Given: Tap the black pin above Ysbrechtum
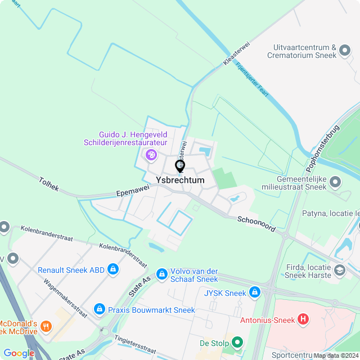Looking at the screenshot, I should click(180, 166).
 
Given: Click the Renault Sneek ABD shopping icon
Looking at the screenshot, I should click(112, 269).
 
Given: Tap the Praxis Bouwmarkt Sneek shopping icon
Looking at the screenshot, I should click(100, 309).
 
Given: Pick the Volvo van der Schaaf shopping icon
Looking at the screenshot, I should click(161, 273).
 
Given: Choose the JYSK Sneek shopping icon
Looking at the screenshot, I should click(255, 292).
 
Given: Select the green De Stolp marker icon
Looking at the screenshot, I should click(237, 342).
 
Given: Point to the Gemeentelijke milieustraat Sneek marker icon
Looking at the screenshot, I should click(335, 182).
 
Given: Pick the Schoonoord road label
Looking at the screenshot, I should click(255, 223).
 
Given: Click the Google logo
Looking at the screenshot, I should click(19, 353).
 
